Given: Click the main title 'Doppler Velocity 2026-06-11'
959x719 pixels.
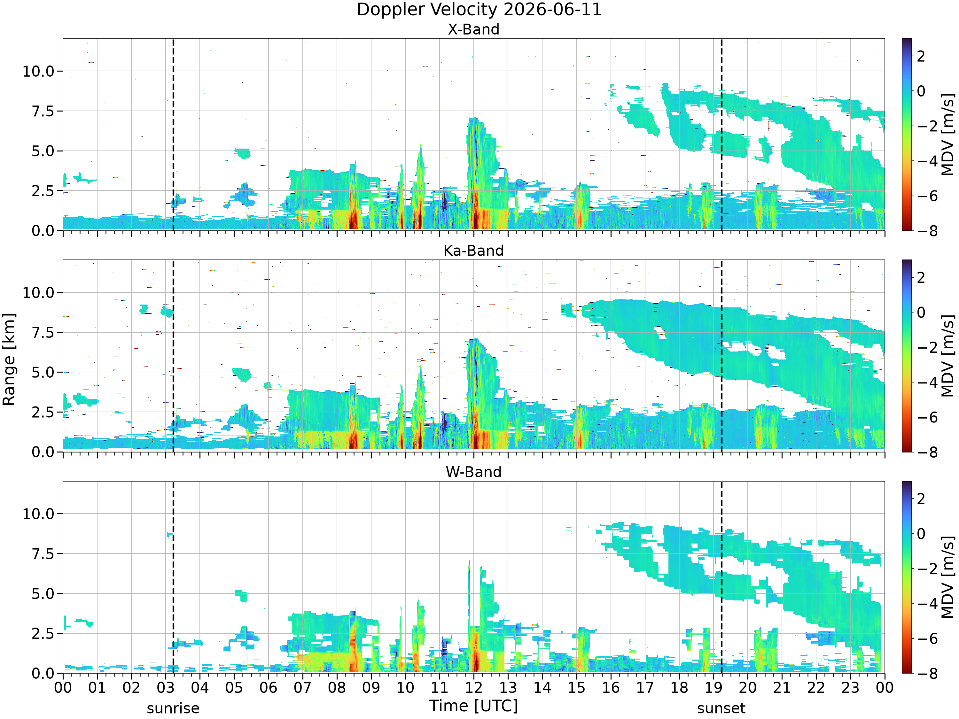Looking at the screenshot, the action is coord(479,10).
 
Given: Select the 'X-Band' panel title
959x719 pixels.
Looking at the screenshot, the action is coord(473,29).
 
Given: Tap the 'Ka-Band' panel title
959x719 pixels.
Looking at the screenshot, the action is coord(473,251).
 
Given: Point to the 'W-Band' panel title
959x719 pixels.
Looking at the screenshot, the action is coord(473,472).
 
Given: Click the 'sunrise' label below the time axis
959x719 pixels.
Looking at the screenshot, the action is coord(173,708).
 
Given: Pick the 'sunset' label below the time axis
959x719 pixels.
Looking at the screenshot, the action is coord(721,708).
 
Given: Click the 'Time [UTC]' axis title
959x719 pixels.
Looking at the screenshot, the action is coord(473,706).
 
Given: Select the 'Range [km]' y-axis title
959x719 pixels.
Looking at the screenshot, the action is coord(9,359).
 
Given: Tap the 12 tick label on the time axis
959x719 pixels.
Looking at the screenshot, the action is coord(473,687).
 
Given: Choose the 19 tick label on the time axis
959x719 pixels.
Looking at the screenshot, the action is coord(713,687).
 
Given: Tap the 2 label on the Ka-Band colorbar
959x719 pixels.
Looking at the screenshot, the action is coord(921,277).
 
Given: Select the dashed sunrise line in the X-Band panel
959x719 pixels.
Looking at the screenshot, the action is coord(173,134).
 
